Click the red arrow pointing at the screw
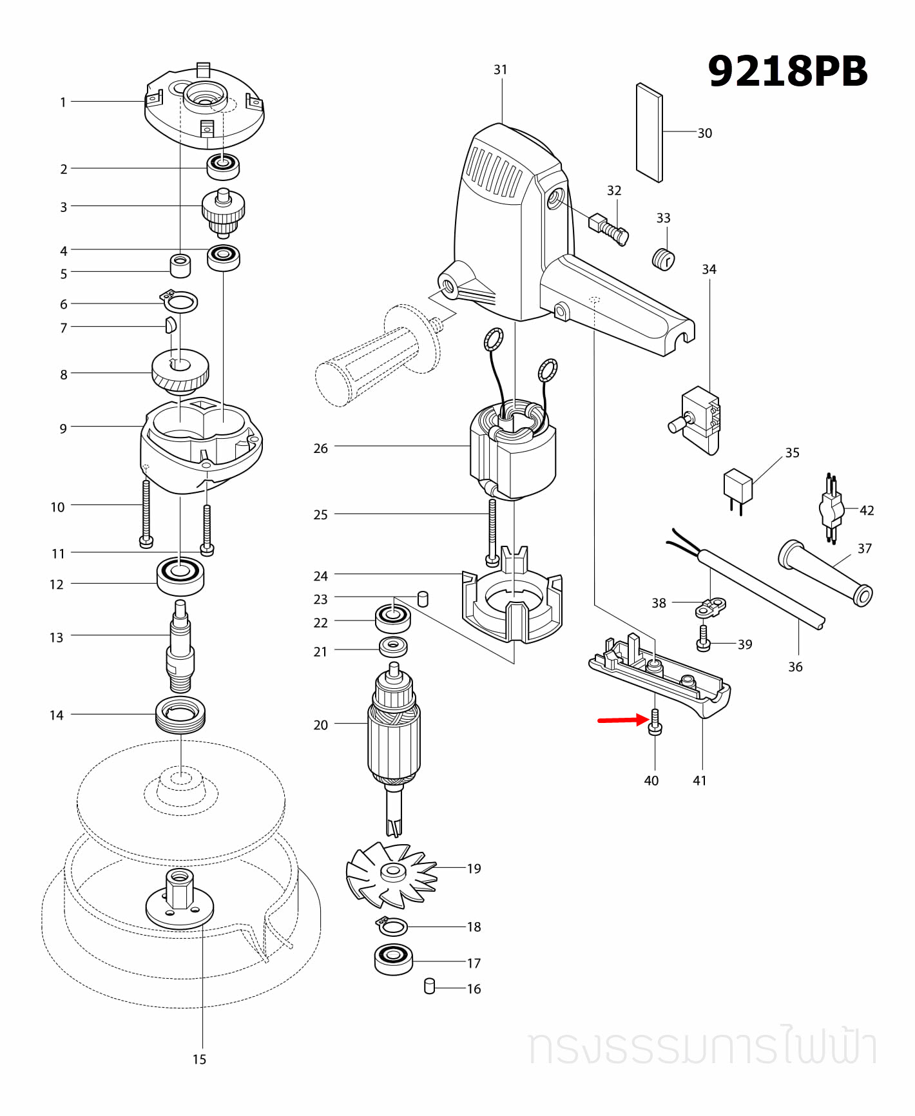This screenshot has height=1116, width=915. click(x=622, y=720)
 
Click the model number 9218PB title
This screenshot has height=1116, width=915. click(x=787, y=71)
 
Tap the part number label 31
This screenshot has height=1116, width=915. click(x=501, y=70)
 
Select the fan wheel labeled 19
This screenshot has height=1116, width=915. click(x=390, y=873)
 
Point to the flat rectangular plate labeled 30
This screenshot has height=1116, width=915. click(x=649, y=133)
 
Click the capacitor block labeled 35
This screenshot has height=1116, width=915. click(x=738, y=487)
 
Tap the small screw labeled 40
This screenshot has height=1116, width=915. click(x=655, y=722)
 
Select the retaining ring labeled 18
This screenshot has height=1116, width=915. click(x=392, y=927)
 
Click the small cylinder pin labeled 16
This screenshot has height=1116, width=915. click(x=430, y=986)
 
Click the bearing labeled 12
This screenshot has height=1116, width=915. click(x=180, y=575)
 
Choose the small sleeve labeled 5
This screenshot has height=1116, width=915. click(x=180, y=265)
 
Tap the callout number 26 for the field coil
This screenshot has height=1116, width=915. click(x=320, y=448)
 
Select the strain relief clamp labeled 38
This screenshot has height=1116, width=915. click(x=712, y=606)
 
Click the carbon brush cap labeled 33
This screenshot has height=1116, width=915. click(x=663, y=259)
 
